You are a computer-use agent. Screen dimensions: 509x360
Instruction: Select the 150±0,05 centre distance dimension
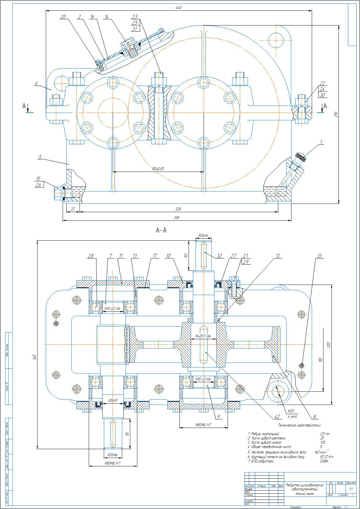158,169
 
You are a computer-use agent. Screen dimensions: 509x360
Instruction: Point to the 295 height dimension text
336,114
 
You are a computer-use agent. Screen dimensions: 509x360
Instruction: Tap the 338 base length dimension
177,218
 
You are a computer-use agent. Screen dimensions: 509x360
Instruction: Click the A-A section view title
161,230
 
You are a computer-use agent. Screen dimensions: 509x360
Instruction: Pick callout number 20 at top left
63,17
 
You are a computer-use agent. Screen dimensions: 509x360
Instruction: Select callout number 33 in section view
319,256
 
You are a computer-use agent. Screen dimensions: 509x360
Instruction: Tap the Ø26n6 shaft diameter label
203,235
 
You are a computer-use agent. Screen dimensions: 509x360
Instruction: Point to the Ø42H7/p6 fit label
203,336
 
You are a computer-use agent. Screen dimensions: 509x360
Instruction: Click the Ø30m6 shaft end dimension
113,454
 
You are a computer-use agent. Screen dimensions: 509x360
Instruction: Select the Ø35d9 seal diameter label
113,400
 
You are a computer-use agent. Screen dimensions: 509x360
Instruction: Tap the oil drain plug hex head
57,193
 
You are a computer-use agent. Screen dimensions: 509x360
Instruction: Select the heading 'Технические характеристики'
299,425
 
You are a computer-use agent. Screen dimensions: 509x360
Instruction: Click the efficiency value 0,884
324,461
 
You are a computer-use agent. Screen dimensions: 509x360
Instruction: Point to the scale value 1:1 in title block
351,489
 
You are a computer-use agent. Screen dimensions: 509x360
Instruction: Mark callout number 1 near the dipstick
321,142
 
